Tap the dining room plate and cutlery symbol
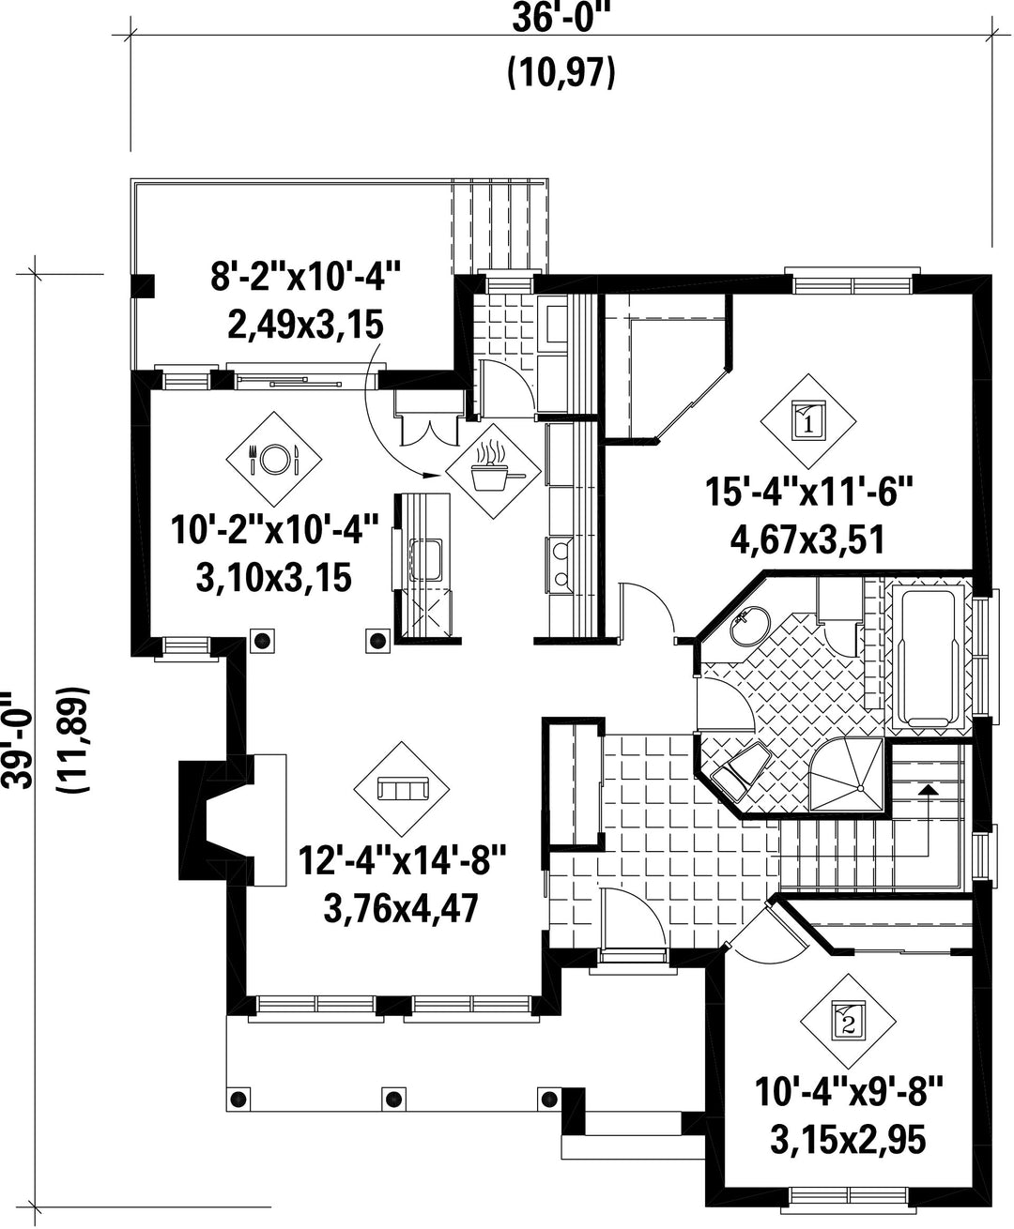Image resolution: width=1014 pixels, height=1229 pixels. pyautogui.click(x=274, y=459)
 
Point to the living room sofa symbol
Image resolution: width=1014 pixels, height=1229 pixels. pyautogui.click(x=402, y=789)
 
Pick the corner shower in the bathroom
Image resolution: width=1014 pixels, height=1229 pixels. pyautogui.click(x=849, y=775)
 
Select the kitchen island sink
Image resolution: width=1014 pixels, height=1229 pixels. pyautogui.click(x=425, y=558)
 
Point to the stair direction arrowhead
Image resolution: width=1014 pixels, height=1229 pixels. pyautogui.click(x=929, y=789)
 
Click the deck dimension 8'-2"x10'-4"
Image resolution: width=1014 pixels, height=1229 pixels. pyautogui.click(x=306, y=277)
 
